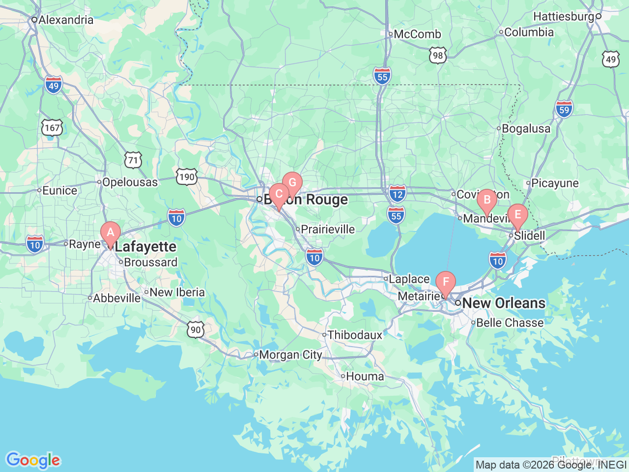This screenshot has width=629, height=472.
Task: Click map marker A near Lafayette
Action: [111, 233]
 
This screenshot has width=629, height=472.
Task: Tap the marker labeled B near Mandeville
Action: [487, 200]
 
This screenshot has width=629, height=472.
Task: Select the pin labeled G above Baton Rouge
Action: [292, 183]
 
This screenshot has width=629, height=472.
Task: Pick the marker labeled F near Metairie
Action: [446, 282]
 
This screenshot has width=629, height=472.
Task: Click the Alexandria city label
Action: [65, 20]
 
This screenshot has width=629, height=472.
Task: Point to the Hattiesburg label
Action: [564, 16]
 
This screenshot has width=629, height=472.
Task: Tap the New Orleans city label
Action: [504, 303]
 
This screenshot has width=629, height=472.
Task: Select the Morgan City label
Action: [290, 354]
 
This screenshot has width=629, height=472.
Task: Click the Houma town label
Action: [365, 376]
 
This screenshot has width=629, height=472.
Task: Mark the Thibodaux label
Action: [355, 335]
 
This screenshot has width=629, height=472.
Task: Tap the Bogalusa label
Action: [526, 129]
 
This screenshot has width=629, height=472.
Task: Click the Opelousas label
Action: [130, 182]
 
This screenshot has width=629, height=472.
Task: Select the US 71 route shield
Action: [133, 160]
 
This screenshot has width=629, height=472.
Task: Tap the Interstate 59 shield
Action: [564, 109]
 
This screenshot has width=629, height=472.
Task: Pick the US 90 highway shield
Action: [196, 329]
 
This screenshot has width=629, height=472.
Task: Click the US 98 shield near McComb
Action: [437, 56]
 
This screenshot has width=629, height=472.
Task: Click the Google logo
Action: [33, 461]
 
